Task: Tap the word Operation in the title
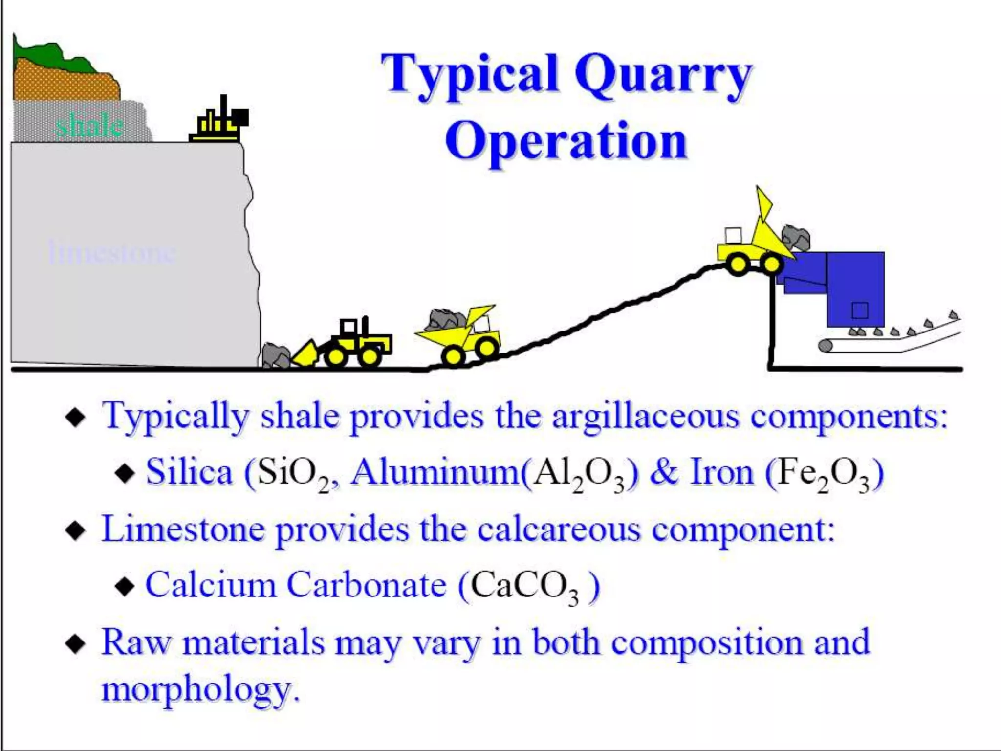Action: pos(566,141)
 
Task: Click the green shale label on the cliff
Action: pos(88,126)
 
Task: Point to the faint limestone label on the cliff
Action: pos(111,252)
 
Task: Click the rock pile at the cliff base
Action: pos(276,354)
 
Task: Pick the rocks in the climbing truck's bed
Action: pos(446,318)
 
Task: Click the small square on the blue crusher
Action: pos(860,310)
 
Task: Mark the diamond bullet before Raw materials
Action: pos(76,644)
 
